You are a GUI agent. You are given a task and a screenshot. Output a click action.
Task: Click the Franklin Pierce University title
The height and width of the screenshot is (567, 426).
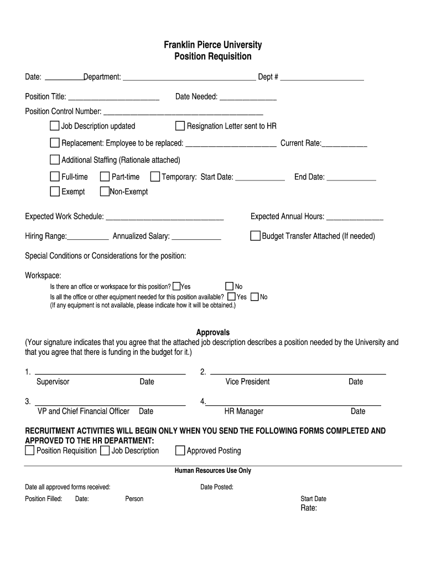coord(212,45)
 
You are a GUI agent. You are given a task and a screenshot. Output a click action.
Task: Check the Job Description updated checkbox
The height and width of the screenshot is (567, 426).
coord(55,126)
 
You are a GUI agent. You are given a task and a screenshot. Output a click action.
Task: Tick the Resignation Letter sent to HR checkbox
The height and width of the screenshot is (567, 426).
coord(180,126)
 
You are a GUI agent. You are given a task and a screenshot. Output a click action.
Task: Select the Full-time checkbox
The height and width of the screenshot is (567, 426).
coord(55,177)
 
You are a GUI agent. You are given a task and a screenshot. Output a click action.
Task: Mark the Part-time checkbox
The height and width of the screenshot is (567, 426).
coord(105,177)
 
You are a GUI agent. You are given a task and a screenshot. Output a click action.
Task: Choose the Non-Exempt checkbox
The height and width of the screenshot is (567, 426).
coord(105,192)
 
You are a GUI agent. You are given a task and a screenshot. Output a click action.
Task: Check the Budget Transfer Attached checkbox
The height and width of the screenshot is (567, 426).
coord(255,236)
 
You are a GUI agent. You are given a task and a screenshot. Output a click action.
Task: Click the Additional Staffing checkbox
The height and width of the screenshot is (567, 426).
coord(55,160)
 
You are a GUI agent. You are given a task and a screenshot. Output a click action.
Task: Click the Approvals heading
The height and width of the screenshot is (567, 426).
coord(213,333)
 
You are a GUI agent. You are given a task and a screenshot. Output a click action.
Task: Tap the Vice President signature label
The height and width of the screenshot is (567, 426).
coord(247,382)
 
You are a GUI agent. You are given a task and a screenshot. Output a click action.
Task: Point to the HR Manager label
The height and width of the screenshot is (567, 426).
coord(243,411)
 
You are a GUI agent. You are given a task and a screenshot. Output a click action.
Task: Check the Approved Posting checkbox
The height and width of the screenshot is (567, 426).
coord(180,450)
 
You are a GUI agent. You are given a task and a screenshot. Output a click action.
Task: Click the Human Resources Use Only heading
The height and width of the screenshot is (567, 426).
coord(213,471)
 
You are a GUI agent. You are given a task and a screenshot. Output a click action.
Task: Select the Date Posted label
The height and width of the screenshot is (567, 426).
coord(217,487)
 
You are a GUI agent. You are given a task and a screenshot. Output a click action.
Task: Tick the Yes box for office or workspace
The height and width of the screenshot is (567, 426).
coord(176,286)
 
